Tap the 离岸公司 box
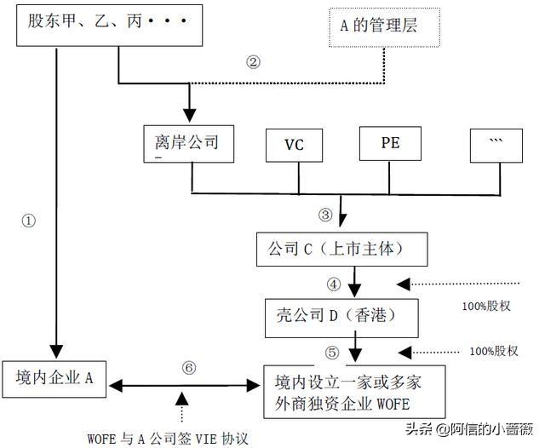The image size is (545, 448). pos(191,142)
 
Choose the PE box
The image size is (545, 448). pos(391,143)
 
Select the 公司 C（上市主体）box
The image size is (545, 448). pos(341,249)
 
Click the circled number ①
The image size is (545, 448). pos(29,220)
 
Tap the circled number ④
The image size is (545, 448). pos(332,283)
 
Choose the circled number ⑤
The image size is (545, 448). pos(333,351)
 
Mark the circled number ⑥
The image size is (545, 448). pos(190,367)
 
